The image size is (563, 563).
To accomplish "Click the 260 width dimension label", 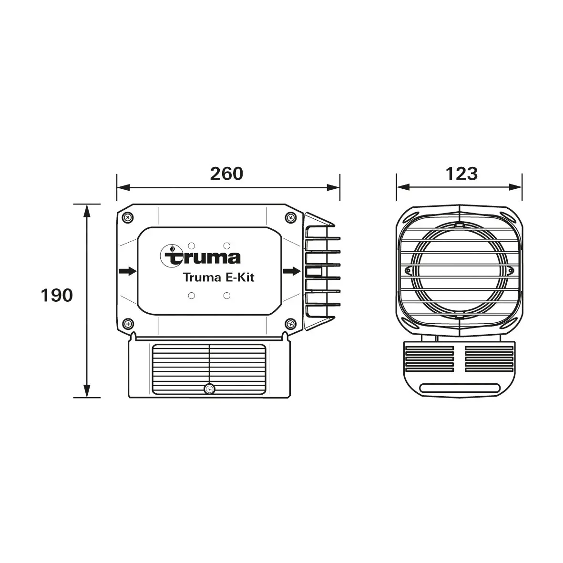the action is coord(226,174).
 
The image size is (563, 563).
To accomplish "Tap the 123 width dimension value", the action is coord(461,174).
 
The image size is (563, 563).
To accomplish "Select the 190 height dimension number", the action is coord(57,296).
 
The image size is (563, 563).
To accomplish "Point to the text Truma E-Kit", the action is coord(219,277).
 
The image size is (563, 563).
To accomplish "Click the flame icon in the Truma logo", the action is coord(172,249).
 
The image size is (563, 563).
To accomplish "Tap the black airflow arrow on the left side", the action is coord(128,271).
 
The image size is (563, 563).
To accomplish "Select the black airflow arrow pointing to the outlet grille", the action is coord(292,271).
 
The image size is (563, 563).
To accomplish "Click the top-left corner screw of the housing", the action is coord(128,217).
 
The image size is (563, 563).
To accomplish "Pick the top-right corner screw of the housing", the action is coord(290,217).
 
